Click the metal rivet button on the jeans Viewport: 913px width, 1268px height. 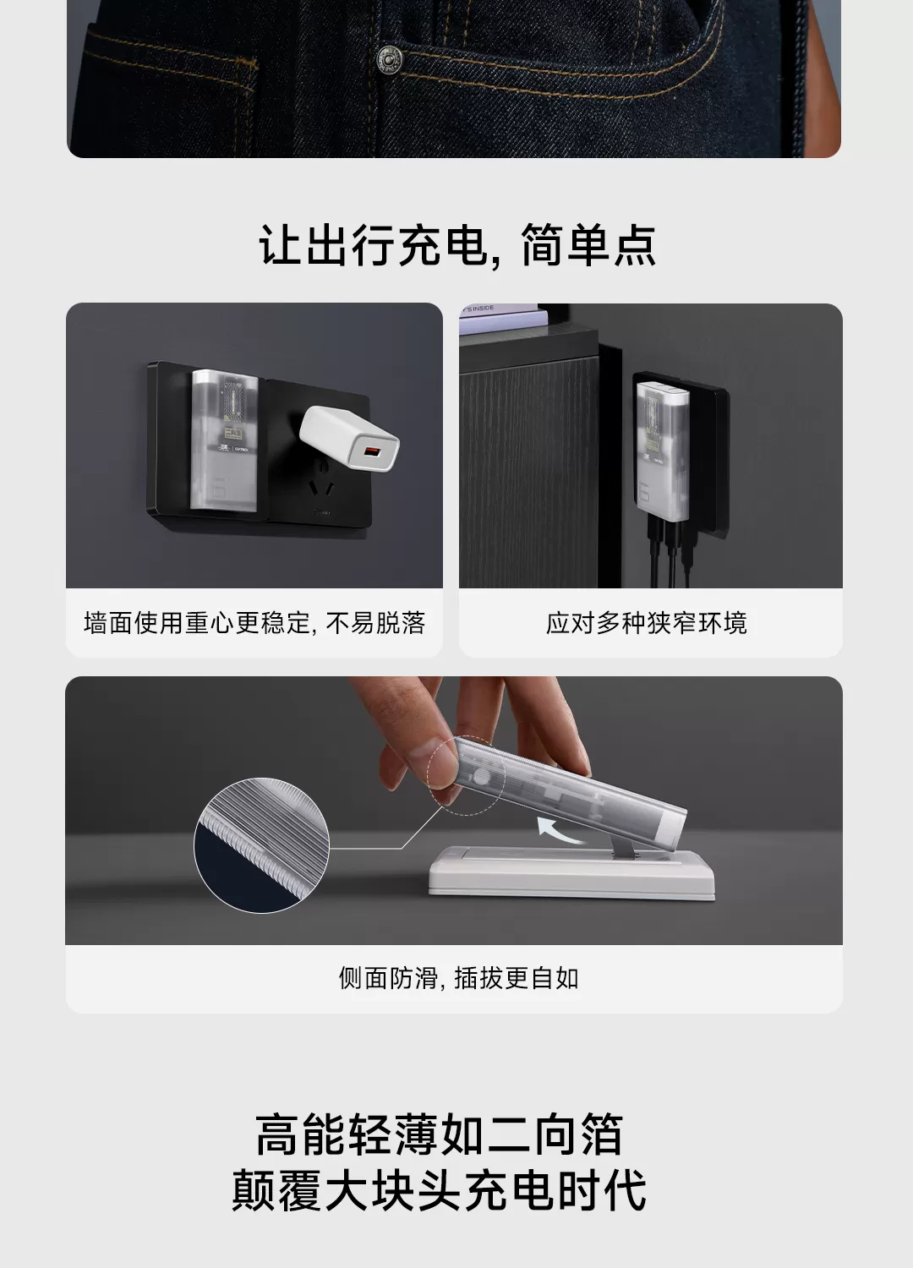point(389,59)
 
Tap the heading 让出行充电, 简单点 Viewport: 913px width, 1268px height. point(457,245)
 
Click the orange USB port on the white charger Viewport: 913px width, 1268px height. point(371,451)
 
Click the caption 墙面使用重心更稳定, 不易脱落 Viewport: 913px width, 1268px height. point(254,623)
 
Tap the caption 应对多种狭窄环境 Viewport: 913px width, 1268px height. point(647,623)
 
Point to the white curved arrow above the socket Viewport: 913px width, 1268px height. point(560,829)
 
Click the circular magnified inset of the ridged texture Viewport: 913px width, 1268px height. point(261,845)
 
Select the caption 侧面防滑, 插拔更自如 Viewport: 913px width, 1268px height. point(458,978)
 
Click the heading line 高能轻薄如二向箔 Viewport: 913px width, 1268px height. point(440,1135)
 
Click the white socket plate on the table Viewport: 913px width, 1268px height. point(571,872)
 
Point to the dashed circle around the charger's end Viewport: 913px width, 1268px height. point(466,775)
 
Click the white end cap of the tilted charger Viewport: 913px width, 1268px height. point(673,827)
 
